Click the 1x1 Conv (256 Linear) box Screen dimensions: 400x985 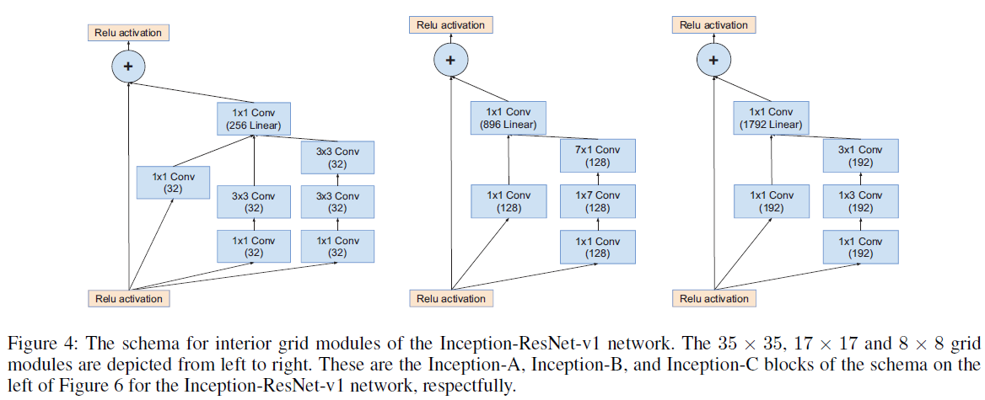coord(253,119)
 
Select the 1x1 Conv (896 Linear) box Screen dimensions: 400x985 coord(509,119)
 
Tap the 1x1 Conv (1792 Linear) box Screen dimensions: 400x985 coord(772,119)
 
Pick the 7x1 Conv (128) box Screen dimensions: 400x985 coord(598,156)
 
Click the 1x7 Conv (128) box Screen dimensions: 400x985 coord(598,201)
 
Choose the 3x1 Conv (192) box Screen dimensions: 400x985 coord(861,156)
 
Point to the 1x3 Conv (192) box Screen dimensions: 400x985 coord(861,201)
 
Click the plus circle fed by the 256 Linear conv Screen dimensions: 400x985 coord(128,66)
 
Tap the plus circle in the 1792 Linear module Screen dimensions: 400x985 coord(713,60)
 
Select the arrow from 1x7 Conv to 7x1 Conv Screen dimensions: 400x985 coord(598,179)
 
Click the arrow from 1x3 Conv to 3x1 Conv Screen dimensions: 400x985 coord(861,179)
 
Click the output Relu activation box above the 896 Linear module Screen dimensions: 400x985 coord(450,25)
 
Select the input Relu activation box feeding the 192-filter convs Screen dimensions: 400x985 coord(713,298)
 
